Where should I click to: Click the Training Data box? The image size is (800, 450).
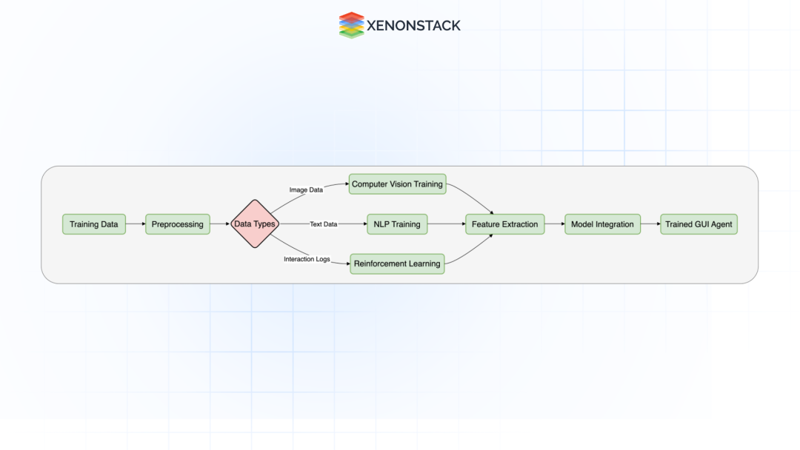94,224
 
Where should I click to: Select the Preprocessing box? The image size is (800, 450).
178,224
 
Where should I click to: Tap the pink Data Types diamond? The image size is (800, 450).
255,224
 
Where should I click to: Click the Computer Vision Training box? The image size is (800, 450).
398,184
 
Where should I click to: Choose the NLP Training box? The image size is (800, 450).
397,224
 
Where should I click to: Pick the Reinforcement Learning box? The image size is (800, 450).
397,263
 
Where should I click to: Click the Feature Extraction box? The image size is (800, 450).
504,224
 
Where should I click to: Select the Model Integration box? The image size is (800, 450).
602,224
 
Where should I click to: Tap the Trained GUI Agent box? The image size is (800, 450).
699,224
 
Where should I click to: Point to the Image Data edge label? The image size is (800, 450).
306,189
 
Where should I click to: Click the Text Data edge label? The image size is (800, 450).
324,224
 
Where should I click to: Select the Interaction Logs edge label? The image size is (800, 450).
307,259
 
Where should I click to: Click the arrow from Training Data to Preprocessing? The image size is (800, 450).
136,224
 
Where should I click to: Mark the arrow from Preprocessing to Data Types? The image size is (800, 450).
220,224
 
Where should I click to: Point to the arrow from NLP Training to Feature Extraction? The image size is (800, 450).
447,224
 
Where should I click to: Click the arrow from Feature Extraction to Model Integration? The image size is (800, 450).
555,224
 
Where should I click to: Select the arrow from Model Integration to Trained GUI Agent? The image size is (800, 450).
650,224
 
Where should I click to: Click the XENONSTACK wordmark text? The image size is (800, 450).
413,25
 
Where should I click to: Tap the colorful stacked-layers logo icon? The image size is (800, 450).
352,25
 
